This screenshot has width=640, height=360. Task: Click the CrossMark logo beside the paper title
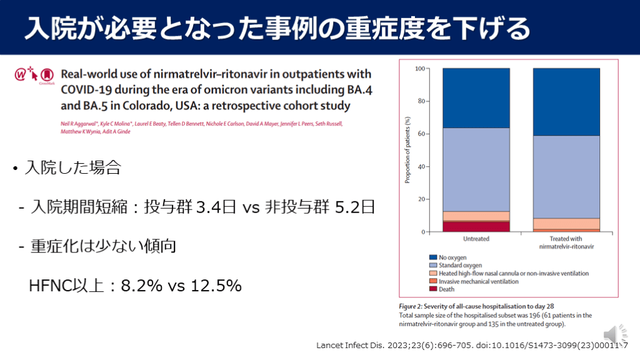point(46,76)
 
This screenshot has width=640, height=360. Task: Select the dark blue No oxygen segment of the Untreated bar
point(476,97)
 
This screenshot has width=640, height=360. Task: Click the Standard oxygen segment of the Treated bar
point(566,176)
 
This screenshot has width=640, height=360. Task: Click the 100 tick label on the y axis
point(420,68)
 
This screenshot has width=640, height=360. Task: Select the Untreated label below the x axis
point(476,239)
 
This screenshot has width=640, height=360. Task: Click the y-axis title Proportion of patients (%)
point(407,150)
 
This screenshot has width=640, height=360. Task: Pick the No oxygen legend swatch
point(432,257)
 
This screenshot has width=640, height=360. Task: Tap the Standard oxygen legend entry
point(460,265)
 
